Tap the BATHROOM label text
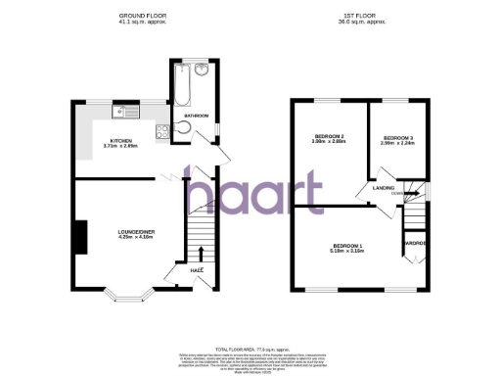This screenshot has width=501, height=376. click(196, 117)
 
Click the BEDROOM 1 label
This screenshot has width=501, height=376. click(347, 245)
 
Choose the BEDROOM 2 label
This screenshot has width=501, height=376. click(329, 135)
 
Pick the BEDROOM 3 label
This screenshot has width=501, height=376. click(397, 137)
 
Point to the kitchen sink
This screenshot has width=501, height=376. click(121, 112)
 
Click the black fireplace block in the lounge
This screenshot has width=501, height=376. click(75, 233)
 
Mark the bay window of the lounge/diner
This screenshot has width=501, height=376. click(127, 292)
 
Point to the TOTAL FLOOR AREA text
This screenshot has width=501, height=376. click(250, 348)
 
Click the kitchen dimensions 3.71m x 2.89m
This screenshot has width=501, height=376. click(123, 147)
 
